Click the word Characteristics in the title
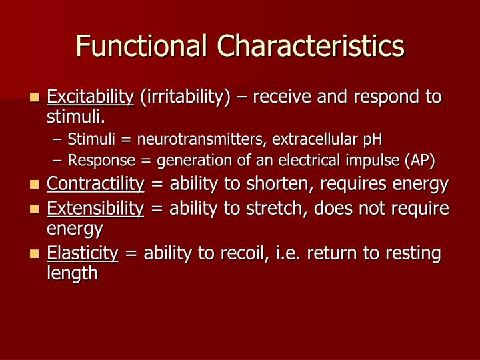tap(311, 47)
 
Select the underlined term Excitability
tap(90, 97)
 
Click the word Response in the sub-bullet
tap(93, 160)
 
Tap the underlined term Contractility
tap(95, 184)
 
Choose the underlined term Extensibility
tap(95, 209)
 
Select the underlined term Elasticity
tap(82, 253)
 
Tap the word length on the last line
tap(72, 273)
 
